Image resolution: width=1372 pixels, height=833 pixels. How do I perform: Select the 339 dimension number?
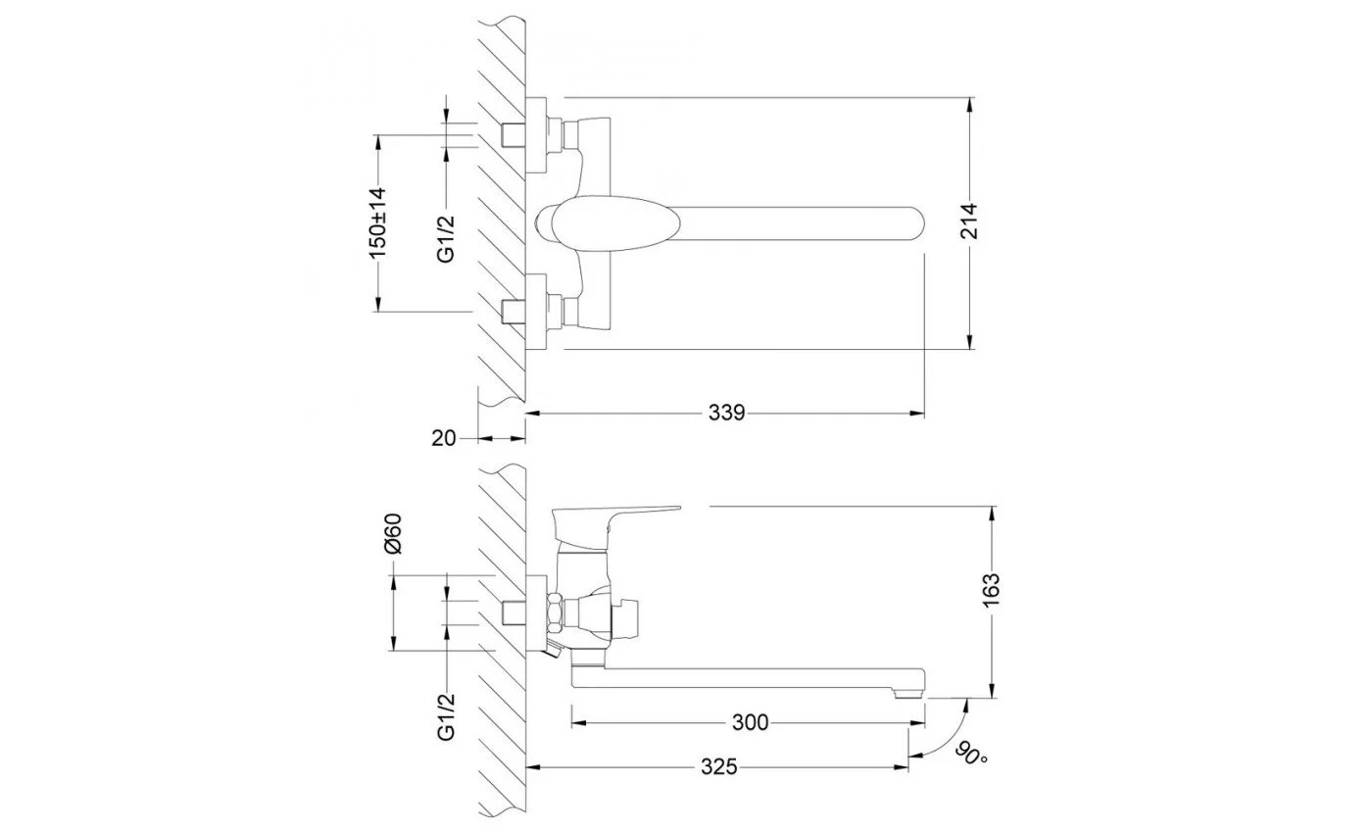726,414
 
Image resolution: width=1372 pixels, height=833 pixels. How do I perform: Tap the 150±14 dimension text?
377,222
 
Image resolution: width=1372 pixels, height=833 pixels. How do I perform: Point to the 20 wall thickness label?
443,439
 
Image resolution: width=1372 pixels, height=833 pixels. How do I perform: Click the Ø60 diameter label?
393,533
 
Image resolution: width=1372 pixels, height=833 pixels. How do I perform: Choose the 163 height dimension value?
991,590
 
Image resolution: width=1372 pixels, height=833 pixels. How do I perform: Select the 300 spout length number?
750,723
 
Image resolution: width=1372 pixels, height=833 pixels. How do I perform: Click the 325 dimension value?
719,766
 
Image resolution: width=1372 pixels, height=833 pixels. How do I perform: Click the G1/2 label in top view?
447,239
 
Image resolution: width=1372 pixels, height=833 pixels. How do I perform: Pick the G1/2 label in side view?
447,717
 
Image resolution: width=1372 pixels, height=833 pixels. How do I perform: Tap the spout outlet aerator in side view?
908,694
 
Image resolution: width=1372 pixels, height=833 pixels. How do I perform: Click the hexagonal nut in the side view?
555,613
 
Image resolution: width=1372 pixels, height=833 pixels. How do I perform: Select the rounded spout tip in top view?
912,223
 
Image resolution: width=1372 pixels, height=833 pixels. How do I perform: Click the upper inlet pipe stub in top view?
514,135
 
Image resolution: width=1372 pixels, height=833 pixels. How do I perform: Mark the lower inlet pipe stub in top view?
514,312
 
